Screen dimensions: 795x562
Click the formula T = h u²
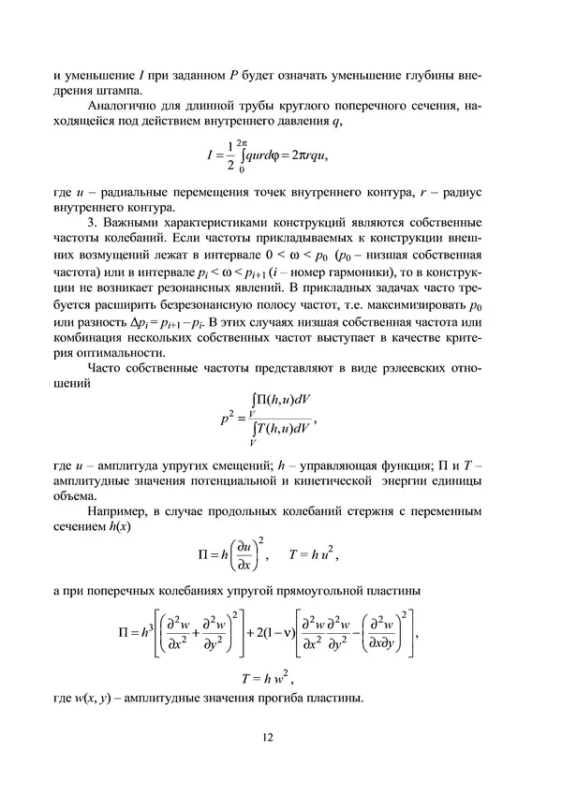(313, 556)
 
